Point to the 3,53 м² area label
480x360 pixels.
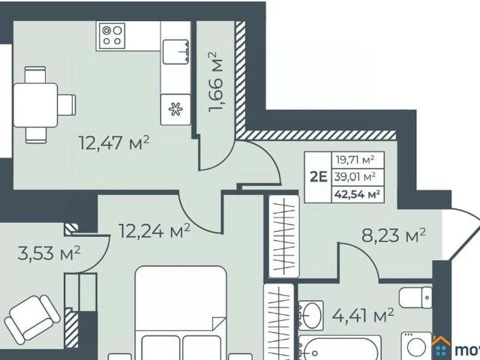(49, 254)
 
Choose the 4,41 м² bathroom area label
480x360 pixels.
(363, 316)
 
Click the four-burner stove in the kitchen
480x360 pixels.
(112, 35)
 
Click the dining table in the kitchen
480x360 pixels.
(36, 103)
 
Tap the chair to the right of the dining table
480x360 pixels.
(67, 103)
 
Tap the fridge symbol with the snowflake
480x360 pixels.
(175, 109)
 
